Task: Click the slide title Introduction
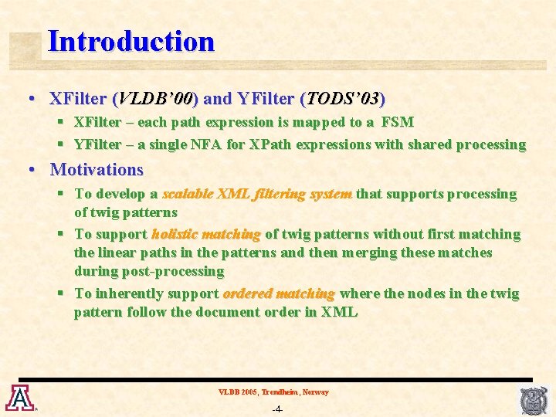pos(131,41)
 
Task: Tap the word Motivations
pos(97,169)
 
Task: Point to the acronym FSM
pos(397,122)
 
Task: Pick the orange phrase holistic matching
pos(206,234)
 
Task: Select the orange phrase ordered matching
pos(279,293)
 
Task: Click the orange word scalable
pos(188,194)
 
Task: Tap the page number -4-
pos(277,409)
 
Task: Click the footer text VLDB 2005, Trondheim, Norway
pos(273,392)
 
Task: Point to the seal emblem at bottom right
pos(534,400)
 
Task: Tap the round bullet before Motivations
pos(32,169)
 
